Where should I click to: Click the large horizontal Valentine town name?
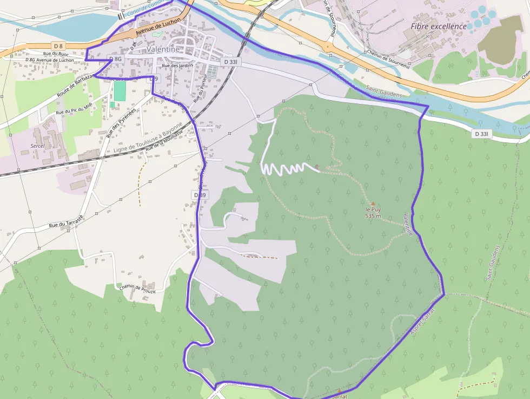pyautogui.click(x=163, y=49)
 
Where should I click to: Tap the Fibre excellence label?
pyautogui.click(x=438, y=26)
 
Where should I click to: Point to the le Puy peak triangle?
pyautogui.click(x=373, y=204)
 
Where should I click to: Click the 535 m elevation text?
pyautogui.click(x=373, y=216)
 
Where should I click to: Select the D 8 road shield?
pyautogui.click(x=58, y=45)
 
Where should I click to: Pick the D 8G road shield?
pyautogui.click(x=116, y=58)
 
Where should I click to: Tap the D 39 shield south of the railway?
pyautogui.click(x=199, y=194)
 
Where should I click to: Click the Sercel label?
pyautogui.click(x=37, y=147)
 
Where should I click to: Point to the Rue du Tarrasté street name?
pyautogui.click(x=66, y=221)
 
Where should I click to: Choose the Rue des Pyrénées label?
pyautogui.click(x=120, y=122)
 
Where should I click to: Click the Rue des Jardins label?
pyautogui.click(x=177, y=66)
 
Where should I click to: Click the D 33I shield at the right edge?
pyautogui.click(x=481, y=134)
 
